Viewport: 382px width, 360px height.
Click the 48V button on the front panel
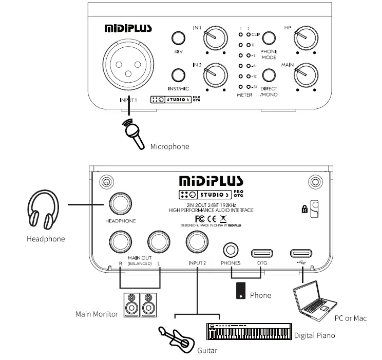178,38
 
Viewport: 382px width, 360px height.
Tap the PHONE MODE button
269,37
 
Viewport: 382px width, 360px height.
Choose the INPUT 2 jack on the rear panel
197,240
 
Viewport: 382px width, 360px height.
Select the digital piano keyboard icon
250,332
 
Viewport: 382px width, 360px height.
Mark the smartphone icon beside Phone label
240,291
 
